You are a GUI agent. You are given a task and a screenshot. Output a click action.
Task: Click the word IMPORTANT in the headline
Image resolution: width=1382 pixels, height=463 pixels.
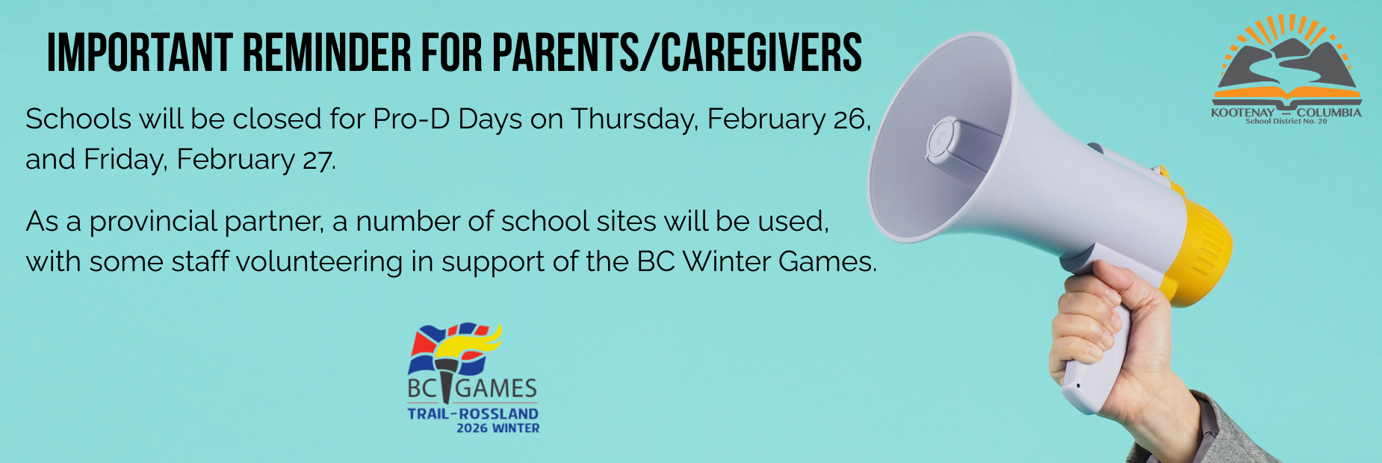140,52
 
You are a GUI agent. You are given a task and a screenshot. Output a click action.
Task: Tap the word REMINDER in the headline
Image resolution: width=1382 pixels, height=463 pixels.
327,52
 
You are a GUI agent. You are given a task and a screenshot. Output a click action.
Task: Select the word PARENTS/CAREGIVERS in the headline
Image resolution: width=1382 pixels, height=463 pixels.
677,52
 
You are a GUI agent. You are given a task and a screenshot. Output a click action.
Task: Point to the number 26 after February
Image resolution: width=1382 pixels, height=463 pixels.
851,119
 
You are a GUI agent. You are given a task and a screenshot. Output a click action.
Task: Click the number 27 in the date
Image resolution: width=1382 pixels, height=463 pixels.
317,160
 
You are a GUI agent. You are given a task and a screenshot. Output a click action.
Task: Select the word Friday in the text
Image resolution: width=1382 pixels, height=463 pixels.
125,160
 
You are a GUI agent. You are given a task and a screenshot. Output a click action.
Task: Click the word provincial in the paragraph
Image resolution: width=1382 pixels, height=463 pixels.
153,223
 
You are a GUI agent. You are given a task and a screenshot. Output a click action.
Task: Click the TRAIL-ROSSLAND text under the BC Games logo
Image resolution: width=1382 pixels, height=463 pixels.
473,413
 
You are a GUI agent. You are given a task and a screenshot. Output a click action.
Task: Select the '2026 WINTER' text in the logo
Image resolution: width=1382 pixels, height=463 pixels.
498,428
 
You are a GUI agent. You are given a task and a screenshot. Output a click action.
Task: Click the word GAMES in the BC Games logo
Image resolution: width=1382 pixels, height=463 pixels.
496,388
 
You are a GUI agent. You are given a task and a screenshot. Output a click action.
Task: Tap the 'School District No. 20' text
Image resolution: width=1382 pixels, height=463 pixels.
1286,121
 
